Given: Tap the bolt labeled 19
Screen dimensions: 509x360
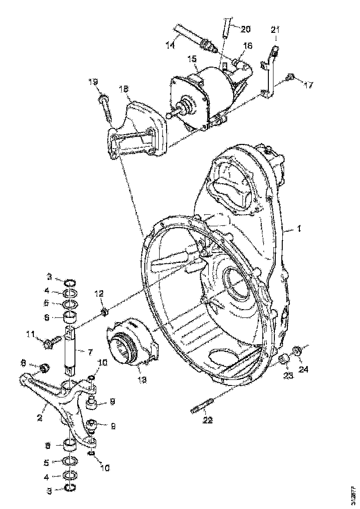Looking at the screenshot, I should click(106, 107).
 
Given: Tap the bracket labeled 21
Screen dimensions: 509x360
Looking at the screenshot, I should click(270, 74).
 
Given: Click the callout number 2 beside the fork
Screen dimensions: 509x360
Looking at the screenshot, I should click(40, 417).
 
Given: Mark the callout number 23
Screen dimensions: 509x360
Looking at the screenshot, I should click(288, 375).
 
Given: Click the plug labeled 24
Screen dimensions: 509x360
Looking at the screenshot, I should click(298, 352).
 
